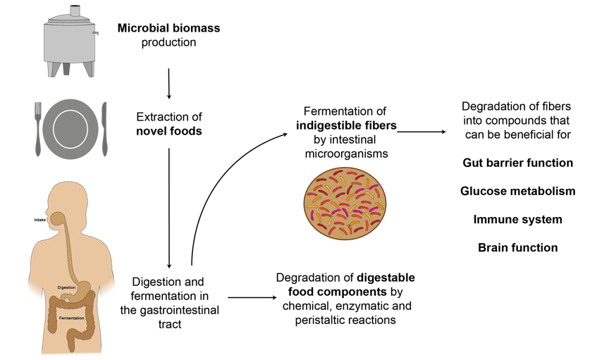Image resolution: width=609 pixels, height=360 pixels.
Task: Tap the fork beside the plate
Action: pyautogui.click(x=38, y=130)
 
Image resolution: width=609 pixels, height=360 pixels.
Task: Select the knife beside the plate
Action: pyautogui.click(x=104, y=130)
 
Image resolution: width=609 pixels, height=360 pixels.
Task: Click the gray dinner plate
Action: pyautogui.click(x=71, y=129)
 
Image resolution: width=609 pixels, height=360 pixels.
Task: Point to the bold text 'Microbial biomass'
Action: pyautogui.click(x=168, y=29)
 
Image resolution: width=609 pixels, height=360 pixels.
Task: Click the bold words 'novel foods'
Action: pyautogui.click(x=169, y=131)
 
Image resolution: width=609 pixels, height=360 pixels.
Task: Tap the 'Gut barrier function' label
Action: pyautogui.click(x=517, y=163)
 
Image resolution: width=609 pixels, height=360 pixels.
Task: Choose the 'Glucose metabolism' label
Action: pyautogui.click(x=517, y=191)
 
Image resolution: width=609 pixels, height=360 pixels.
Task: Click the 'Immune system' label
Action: pyautogui.click(x=517, y=219)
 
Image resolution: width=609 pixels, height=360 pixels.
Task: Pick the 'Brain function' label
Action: pyautogui.click(x=517, y=247)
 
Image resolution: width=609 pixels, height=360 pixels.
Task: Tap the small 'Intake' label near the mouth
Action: pyautogui.click(x=40, y=220)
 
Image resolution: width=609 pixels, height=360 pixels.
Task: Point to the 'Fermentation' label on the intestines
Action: pyautogui.click(x=71, y=318)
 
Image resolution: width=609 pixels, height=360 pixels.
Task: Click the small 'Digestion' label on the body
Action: pyautogui.click(x=67, y=287)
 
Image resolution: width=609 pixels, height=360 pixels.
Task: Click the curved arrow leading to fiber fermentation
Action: pyautogui.click(x=211, y=183)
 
